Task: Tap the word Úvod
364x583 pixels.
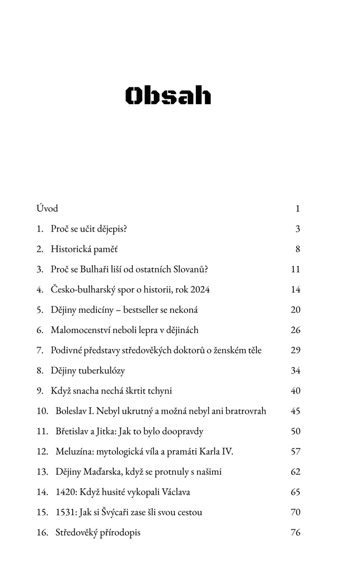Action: point(48,209)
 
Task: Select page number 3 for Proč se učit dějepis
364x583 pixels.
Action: point(298,229)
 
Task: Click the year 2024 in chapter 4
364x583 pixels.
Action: point(199,289)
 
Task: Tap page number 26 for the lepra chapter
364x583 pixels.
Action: point(296,330)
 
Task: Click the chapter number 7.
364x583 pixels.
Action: point(40,350)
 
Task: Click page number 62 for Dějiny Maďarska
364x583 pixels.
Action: point(296,471)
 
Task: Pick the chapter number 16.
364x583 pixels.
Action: point(42,533)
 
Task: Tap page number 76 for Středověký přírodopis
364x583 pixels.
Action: point(296,533)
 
